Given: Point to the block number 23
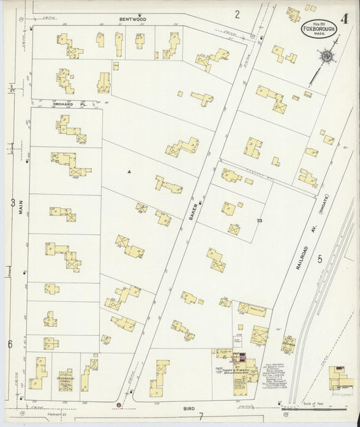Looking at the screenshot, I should [259, 221].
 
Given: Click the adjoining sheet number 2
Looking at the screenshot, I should [238, 14].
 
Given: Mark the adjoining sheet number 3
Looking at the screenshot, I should [12, 202].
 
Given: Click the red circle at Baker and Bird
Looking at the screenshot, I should [119, 405].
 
